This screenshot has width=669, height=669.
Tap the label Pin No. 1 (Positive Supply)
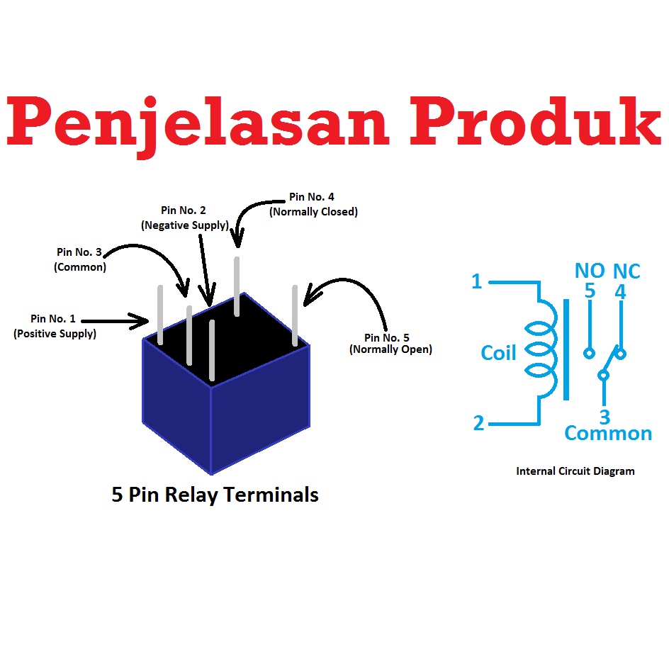click(x=55, y=326)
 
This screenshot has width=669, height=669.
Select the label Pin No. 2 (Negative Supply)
click(x=184, y=218)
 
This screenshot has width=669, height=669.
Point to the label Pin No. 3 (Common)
click(x=79, y=259)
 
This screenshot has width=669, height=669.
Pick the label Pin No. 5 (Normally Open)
click(x=390, y=343)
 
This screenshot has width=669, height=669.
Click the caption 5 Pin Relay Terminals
click(x=215, y=495)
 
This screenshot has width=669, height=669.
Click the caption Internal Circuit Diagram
click(x=575, y=471)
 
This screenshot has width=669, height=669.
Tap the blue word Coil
click(x=498, y=352)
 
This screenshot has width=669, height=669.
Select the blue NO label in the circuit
click(x=589, y=271)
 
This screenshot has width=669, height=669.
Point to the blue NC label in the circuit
click(x=626, y=271)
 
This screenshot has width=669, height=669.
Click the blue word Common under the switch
click(x=608, y=433)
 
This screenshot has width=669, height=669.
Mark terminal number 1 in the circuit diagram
click(x=476, y=282)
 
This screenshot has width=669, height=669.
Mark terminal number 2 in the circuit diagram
click(x=478, y=424)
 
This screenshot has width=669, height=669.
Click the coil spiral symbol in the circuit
click(x=541, y=351)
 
